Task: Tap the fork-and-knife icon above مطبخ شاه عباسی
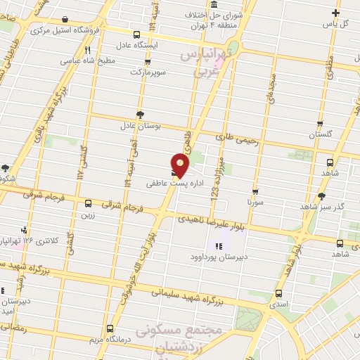pyautogui.click(x=88, y=50)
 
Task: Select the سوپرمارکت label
pyautogui.click(x=146, y=72)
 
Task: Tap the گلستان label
pyautogui.click(x=320, y=134)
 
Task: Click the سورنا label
pyautogui.click(x=255, y=201)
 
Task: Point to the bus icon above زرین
pyautogui.click(x=87, y=203)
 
